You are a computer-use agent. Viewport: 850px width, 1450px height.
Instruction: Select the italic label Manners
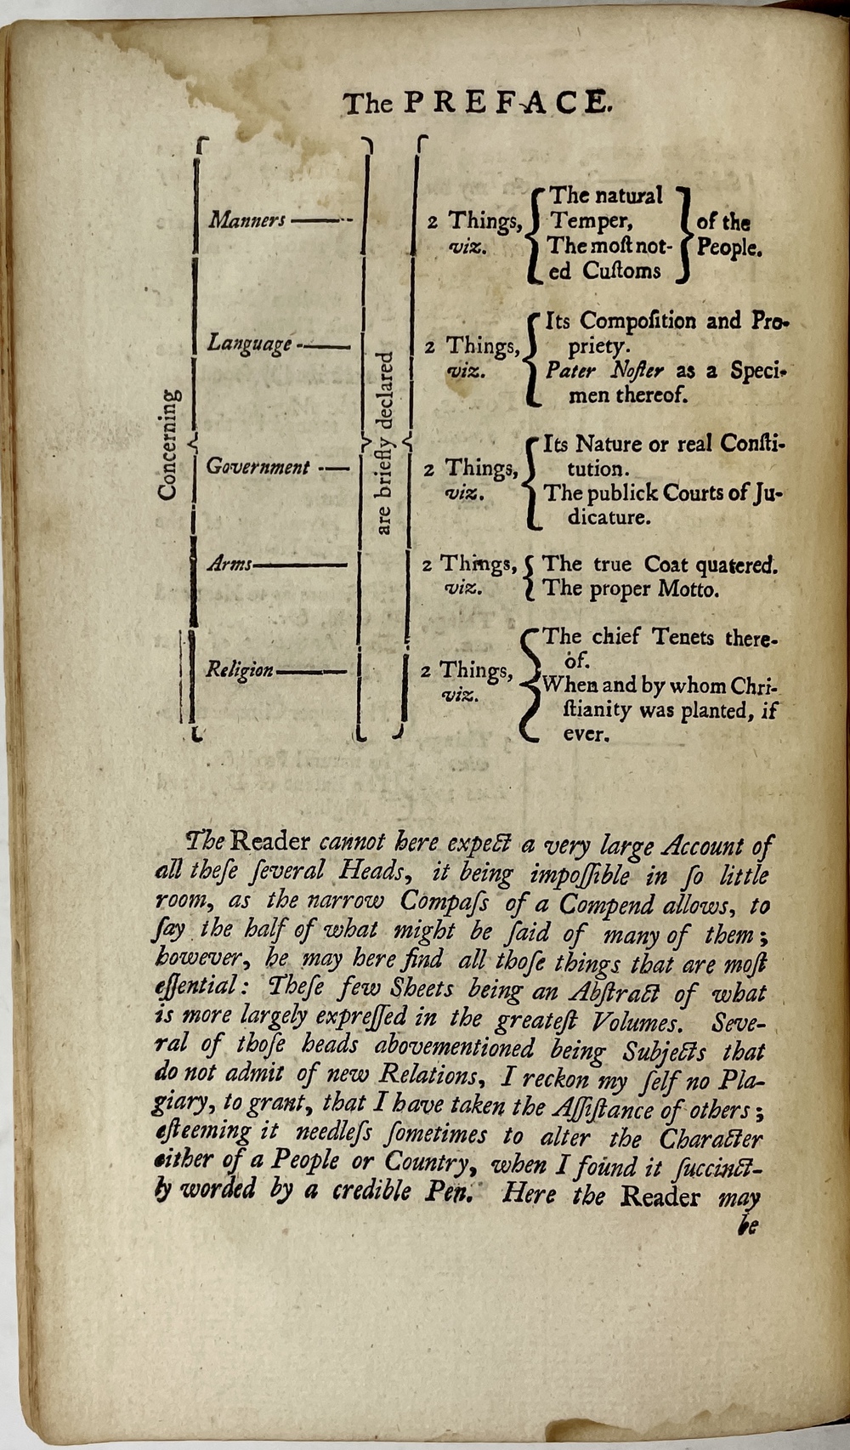[247, 220]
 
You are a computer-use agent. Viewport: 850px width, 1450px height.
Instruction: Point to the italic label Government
[258, 467]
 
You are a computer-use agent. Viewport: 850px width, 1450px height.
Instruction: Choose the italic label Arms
[229, 564]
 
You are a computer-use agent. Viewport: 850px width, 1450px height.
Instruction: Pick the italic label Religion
[239, 670]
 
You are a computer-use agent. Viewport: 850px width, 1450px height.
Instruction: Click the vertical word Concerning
[168, 445]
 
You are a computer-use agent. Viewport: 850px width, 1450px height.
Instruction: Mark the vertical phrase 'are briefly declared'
[384, 442]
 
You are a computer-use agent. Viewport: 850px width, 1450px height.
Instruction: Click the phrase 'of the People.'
[727, 236]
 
